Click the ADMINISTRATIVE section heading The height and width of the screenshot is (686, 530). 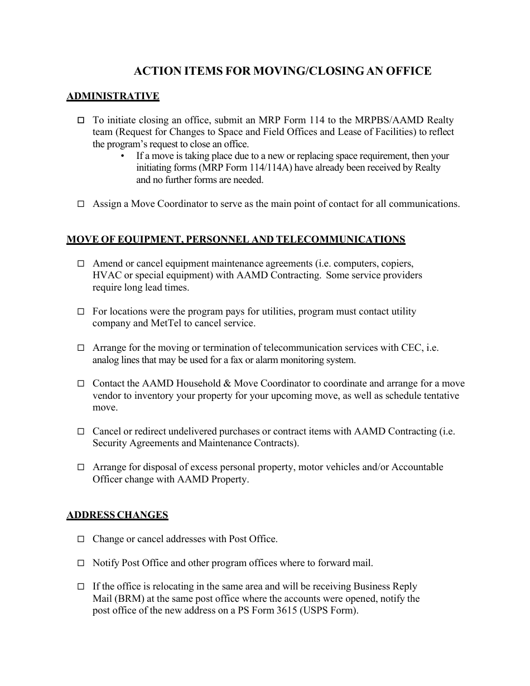click(113, 96)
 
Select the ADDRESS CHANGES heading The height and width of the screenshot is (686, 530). click(117, 515)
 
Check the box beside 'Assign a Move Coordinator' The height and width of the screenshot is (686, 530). click(81, 204)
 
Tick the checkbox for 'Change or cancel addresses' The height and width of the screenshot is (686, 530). click(81, 539)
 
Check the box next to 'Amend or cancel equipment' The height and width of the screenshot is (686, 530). click(81, 264)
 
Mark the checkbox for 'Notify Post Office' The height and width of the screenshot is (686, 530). click(81, 563)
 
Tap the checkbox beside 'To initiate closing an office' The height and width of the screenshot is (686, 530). click(81, 120)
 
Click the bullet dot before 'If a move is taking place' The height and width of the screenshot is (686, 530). click(122, 156)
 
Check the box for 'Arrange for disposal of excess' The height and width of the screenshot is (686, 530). click(81, 467)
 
